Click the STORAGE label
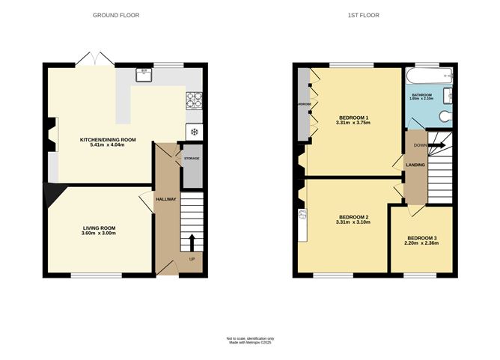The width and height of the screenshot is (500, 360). tap(192, 159)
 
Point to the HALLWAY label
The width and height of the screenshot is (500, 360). tap(165, 199)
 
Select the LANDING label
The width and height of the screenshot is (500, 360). tap(415, 165)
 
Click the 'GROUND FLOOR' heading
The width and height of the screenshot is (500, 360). tap(116, 15)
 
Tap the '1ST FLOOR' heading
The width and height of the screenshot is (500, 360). tap(373, 15)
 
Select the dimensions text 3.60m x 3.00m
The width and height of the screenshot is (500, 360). tap(100, 234)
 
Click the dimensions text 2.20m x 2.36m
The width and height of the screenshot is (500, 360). tap(422, 242)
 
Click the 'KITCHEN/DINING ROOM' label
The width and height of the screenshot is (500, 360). tap(108, 140)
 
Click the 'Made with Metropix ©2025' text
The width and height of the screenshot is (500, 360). tap(251, 344)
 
